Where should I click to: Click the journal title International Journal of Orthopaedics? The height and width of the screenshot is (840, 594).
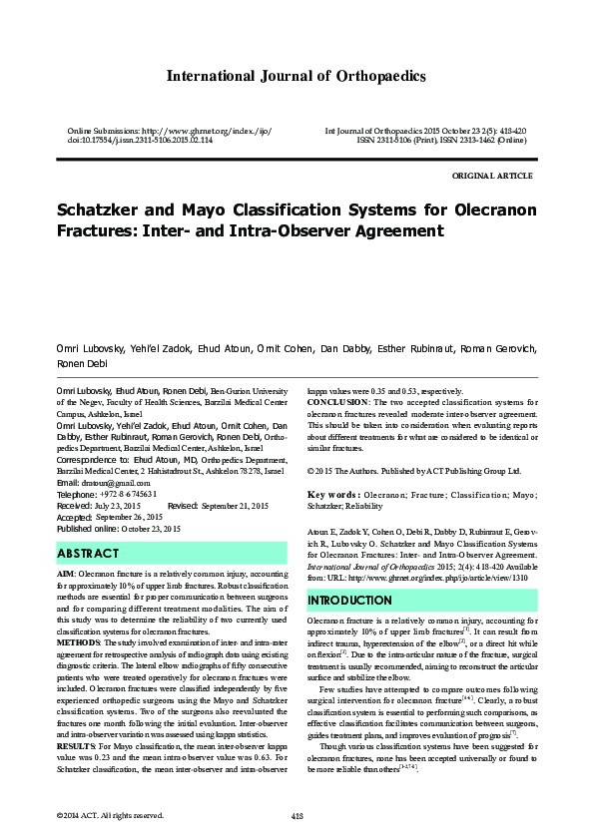(x=297, y=76)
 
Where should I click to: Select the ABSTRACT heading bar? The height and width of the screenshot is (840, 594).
(x=172, y=553)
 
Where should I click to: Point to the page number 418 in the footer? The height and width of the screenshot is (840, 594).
(x=297, y=815)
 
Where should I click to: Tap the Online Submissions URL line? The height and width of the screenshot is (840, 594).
(x=169, y=132)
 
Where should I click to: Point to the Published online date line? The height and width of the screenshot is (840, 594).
(x=119, y=528)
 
